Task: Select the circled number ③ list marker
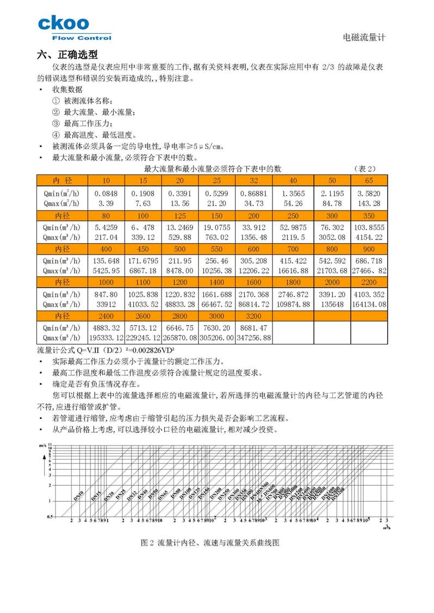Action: (56, 123)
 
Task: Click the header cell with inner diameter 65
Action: (369, 180)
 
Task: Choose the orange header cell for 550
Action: (216, 249)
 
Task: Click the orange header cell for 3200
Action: (253, 317)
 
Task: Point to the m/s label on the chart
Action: (43, 445)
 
